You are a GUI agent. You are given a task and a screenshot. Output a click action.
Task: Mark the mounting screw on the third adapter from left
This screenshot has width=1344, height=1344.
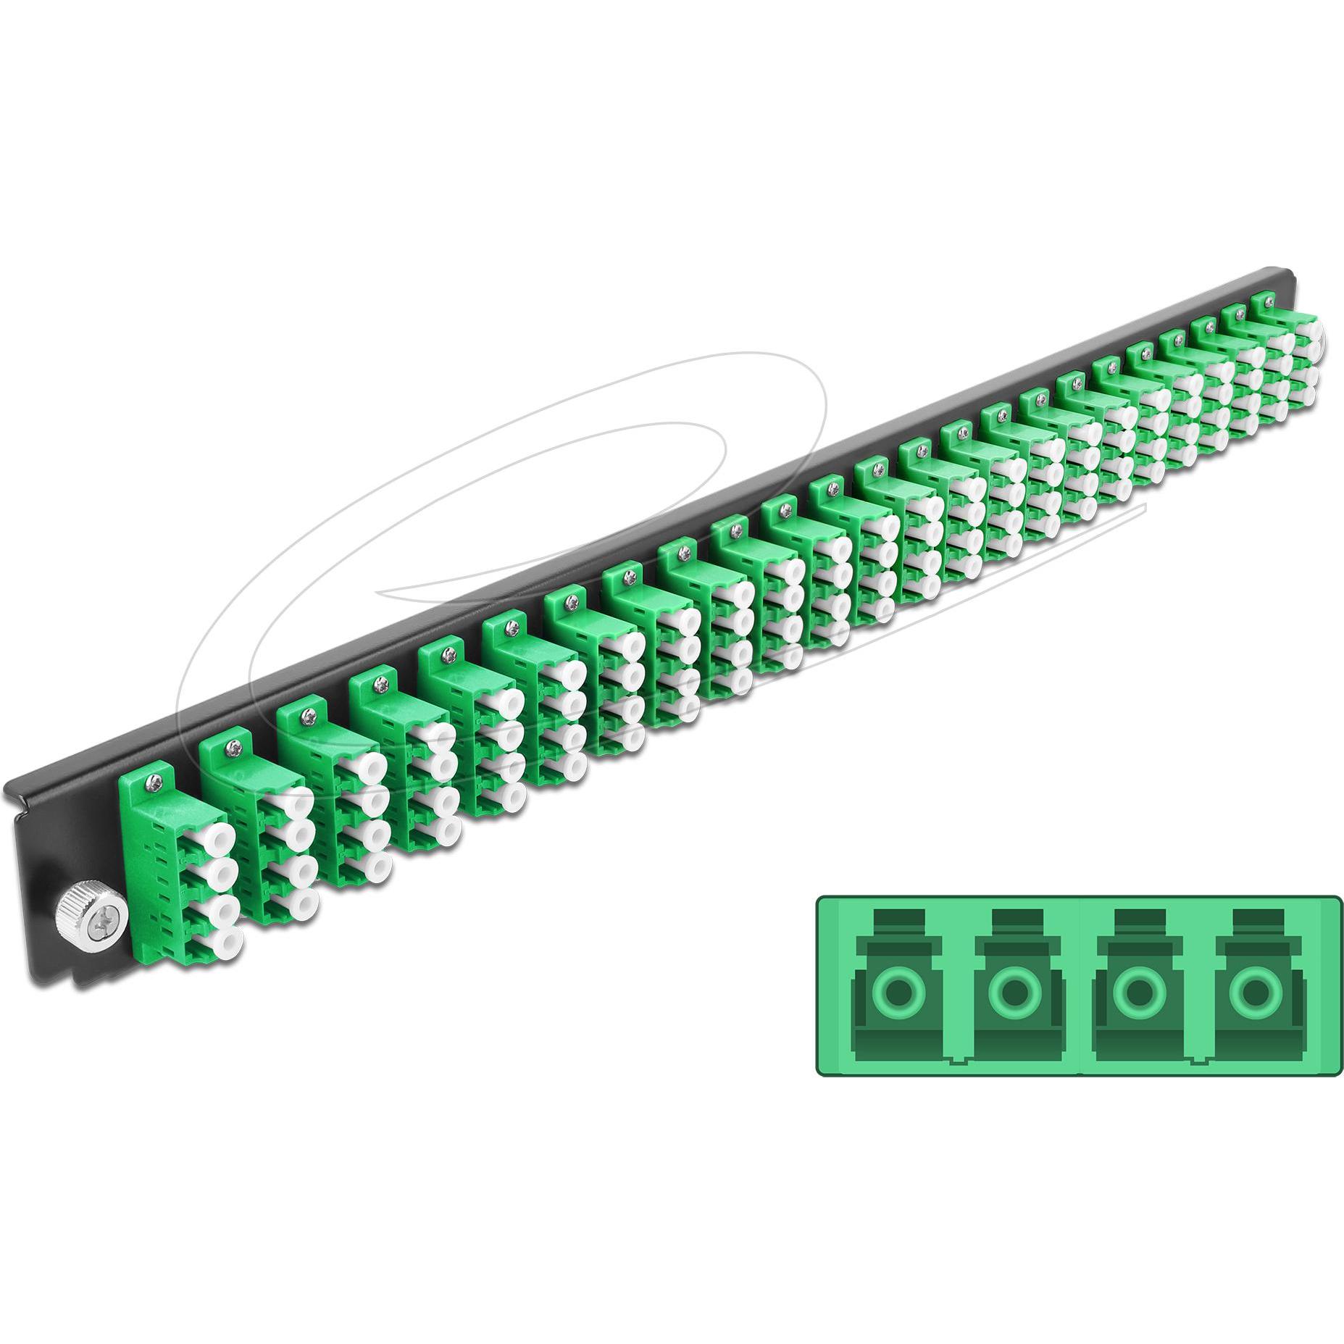coord(309,709)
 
